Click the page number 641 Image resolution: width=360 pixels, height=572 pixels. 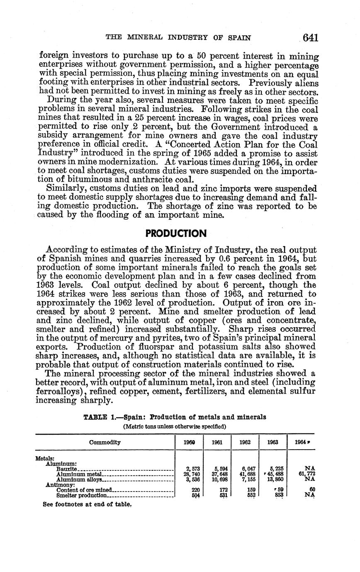pyautogui.click(x=310, y=38)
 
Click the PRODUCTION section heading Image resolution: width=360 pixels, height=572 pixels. pyautogui.click(x=176, y=234)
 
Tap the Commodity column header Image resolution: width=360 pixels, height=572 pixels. pyautogui.click(x=105, y=442)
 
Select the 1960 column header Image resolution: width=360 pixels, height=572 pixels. pyautogui.click(x=189, y=442)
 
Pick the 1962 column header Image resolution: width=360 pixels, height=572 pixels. pyautogui.click(x=245, y=442)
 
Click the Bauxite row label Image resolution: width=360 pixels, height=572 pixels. pyautogui.click(x=67, y=469)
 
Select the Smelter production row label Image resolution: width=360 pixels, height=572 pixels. pyautogui.click(x=82, y=495)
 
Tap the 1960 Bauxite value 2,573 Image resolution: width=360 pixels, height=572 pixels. pyautogui.click(x=193, y=469)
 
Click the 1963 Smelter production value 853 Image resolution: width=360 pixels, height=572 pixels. pyautogui.click(x=279, y=495)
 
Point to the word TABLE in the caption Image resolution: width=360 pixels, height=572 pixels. pyautogui.click(x=95, y=417)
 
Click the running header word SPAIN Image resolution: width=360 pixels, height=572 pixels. pyautogui.click(x=240, y=37)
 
